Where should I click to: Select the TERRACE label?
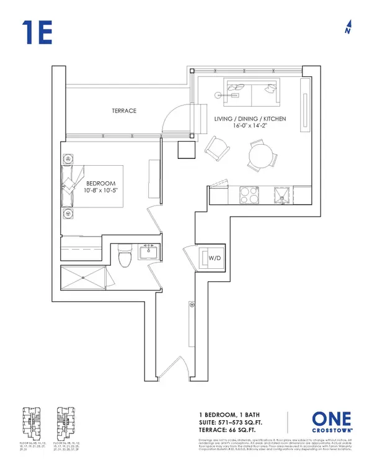click(124, 111)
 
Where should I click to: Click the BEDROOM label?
click(97, 184)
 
